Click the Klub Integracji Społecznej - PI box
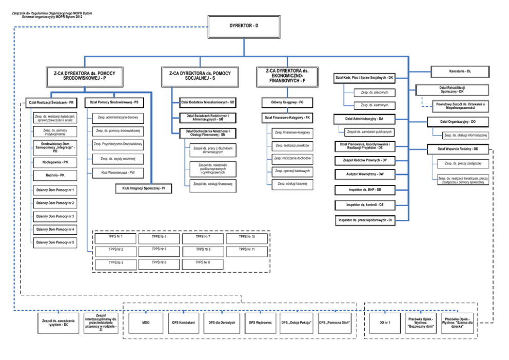(x=143, y=189)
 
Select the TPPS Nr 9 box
(x=203, y=263)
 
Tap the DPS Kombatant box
(x=183, y=323)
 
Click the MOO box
(x=146, y=323)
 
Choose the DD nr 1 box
(x=385, y=323)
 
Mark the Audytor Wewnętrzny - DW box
(x=365, y=174)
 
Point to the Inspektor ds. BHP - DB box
(x=364, y=190)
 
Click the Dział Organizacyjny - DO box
(x=458, y=122)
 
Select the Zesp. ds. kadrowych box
(x=375, y=105)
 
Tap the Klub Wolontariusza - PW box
(x=118, y=173)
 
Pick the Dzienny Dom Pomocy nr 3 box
(x=55, y=216)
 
